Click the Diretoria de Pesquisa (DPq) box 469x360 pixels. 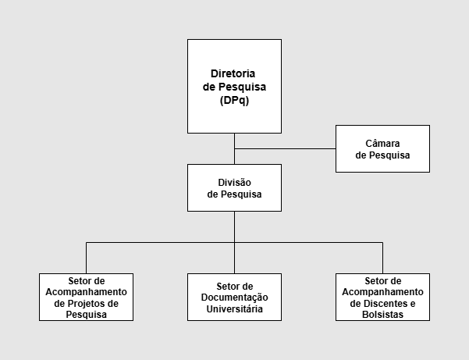click(x=234, y=86)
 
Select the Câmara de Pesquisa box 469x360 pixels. click(x=382, y=148)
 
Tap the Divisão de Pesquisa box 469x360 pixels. click(x=234, y=187)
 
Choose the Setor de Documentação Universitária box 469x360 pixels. click(x=234, y=297)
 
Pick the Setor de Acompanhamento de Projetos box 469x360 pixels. click(x=86, y=297)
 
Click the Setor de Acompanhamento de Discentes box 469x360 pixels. click(x=382, y=297)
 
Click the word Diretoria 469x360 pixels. click(x=234, y=73)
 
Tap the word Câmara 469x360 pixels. click(x=382, y=143)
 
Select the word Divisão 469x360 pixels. click(x=234, y=182)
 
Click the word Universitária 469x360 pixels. click(x=234, y=308)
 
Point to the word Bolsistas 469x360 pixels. click(x=382, y=314)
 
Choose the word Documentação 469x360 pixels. click(x=234, y=298)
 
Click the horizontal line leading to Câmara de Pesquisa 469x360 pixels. click(x=285, y=148)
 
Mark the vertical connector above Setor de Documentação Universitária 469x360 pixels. click(x=234, y=258)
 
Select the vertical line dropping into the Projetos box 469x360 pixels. click(x=86, y=258)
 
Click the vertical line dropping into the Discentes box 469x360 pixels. click(x=382, y=258)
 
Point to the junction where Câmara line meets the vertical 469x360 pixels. click(x=234, y=148)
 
